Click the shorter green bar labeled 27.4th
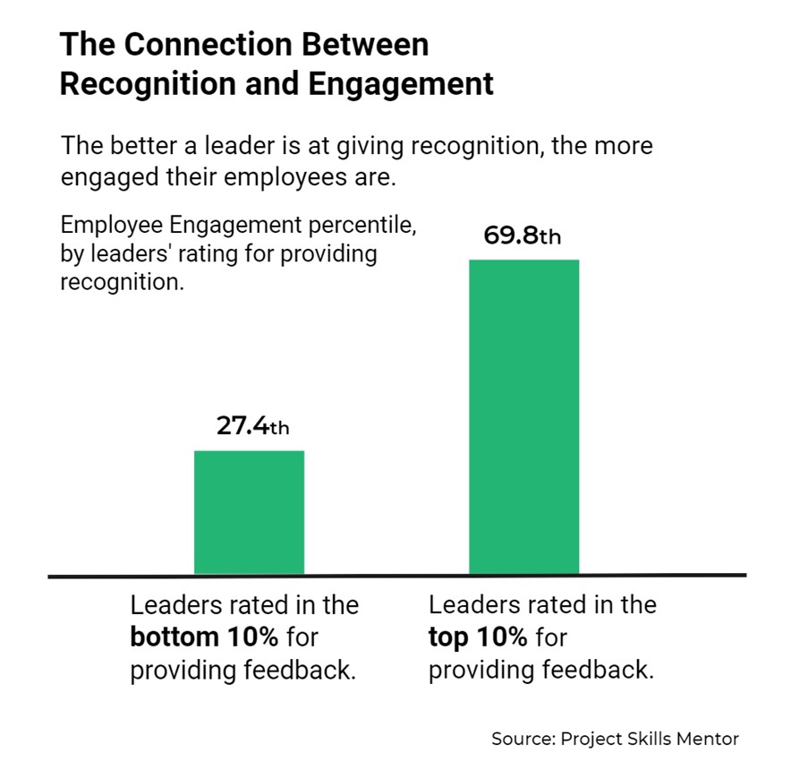pyautogui.click(x=249, y=512)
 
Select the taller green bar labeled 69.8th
pyautogui.click(x=523, y=416)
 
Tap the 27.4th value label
pyautogui.click(x=252, y=426)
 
